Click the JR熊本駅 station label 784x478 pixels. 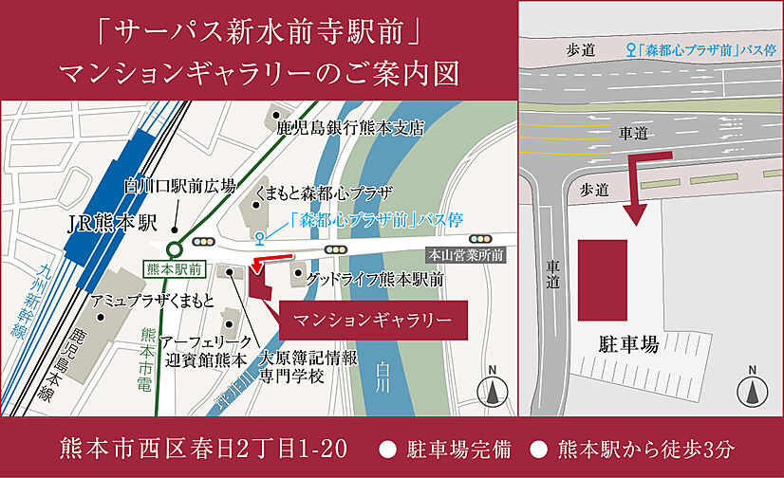[111, 225]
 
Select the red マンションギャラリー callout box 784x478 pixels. [372, 320]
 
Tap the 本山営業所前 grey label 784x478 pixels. [465, 255]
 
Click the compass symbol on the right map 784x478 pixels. [752, 390]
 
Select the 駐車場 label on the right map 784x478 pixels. [628, 342]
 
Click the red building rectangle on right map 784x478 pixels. [603, 279]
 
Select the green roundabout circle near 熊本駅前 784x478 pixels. [175, 248]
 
